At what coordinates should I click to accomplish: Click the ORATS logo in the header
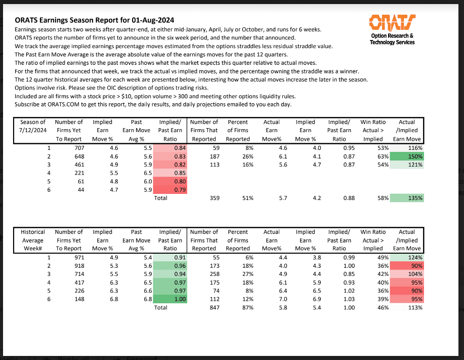[x=392, y=23]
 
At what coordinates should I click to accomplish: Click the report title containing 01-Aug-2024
[x=95, y=20]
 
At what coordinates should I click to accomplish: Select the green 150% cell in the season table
[x=407, y=156]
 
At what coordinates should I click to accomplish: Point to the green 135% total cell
[x=407, y=198]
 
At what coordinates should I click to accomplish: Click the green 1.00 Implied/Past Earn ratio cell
[x=171, y=299]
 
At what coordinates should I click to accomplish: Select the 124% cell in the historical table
[x=407, y=257]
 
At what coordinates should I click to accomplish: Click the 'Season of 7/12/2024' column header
[x=33, y=130]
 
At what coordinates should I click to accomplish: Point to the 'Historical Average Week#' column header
[x=33, y=240]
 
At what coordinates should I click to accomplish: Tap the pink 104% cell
[x=407, y=274]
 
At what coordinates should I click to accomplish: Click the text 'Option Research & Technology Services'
[x=392, y=39]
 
